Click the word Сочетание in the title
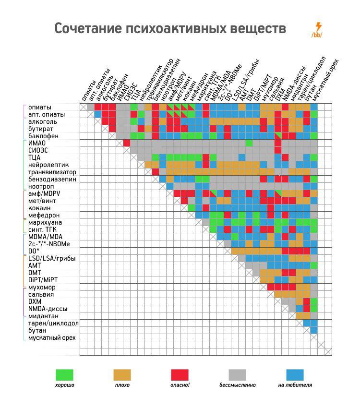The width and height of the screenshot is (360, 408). [86, 29]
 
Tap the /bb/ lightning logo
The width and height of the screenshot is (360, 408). [317, 30]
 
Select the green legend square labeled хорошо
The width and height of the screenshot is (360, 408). [64, 374]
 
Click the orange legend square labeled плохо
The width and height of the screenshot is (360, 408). [122, 374]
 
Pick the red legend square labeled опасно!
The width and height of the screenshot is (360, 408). [180, 374]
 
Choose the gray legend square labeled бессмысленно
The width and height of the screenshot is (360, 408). [237, 374]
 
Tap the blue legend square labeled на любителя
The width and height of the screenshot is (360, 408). [295, 374]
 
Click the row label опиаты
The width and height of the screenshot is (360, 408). [40, 107]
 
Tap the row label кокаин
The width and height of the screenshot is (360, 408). [39, 208]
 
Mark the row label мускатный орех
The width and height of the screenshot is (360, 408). [52, 337]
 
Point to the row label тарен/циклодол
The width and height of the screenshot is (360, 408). [53, 323]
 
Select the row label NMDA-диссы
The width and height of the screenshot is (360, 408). [48, 309]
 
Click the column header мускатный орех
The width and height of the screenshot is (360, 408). [326, 82]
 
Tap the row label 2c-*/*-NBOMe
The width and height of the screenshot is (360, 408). [51, 244]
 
